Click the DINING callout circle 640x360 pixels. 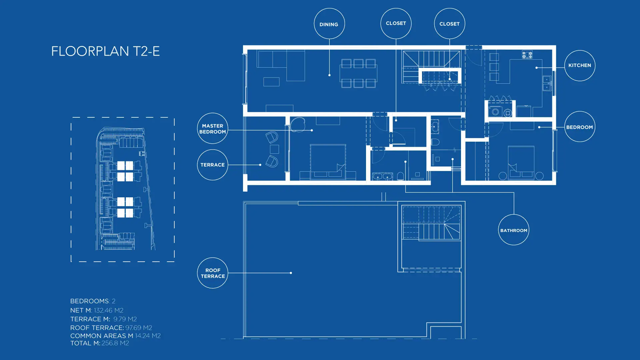pos(329,9)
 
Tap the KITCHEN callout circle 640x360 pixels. pos(580,51)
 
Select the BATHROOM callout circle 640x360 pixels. pos(514,215)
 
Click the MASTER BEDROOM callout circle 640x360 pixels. pos(213,114)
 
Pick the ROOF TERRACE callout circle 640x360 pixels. pos(213,258)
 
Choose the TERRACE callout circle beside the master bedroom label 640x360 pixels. pos(213,150)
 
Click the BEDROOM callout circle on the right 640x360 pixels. pos(580,112)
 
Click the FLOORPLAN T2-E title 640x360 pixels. pos(105,51)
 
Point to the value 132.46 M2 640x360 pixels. pos(109,310)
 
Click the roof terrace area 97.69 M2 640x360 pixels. pos(139,328)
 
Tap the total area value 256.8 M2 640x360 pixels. pos(115,343)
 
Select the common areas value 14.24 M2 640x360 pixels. pos(148,336)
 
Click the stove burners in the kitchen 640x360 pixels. pos(527,55)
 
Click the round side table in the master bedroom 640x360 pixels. pos(298,124)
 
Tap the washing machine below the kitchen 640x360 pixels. pos(495,112)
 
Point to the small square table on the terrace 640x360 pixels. pos(274,149)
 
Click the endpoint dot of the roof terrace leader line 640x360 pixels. pos(291,273)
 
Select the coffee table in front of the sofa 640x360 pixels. pos(271,82)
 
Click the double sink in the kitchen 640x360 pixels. pos(547,83)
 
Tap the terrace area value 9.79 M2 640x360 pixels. pos(125,319)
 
